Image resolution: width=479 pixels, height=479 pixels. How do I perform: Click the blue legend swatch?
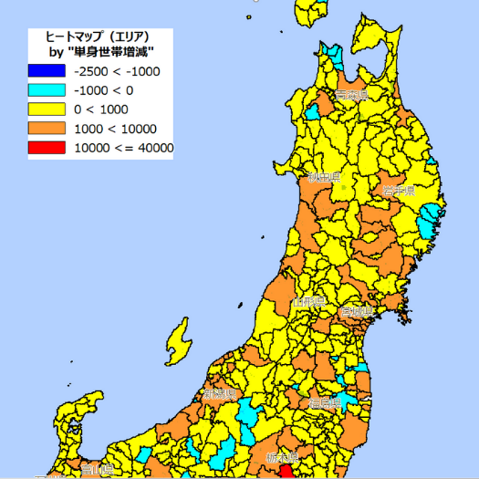click(x=47, y=70)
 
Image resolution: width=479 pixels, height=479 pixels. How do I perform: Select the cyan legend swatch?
click(x=47, y=90)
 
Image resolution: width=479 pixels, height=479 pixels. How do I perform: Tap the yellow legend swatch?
click(x=47, y=109)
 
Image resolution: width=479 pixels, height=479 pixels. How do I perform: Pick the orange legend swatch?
click(x=47, y=129)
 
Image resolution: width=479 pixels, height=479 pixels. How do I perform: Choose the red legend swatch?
click(x=47, y=148)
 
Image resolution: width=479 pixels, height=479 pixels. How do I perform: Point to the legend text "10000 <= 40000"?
click(x=122, y=148)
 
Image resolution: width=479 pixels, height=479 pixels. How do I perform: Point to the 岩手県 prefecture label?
click(x=399, y=191)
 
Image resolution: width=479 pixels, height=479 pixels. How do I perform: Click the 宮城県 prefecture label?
click(x=357, y=313)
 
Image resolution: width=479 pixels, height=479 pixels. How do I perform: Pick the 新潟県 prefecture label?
click(x=220, y=394)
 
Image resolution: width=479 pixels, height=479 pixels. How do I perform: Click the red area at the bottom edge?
click(x=286, y=471)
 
